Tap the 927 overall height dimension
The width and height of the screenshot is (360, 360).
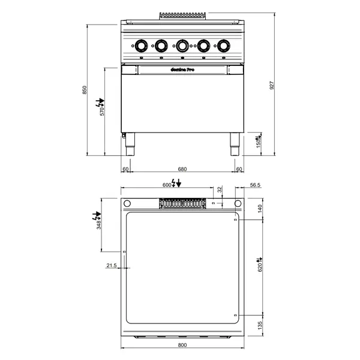point(272,86)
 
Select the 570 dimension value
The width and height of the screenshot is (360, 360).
point(102,112)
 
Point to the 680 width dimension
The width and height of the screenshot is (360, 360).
point(183,169)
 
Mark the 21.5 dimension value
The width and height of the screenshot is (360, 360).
point(111,265)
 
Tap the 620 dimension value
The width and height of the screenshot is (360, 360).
point(260,267)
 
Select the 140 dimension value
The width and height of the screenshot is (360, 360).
point(260,208)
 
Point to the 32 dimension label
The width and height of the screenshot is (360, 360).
point(220,189)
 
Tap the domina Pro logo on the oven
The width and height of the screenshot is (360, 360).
point(182,70)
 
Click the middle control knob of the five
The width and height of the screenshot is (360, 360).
point(182,45)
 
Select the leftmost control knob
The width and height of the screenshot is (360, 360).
point(141,45)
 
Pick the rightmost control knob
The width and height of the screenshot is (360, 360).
point(224,45)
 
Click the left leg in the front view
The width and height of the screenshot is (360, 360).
point(130,143)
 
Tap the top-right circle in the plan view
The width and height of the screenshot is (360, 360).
point(238,203)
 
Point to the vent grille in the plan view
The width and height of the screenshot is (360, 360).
point(183,205)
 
